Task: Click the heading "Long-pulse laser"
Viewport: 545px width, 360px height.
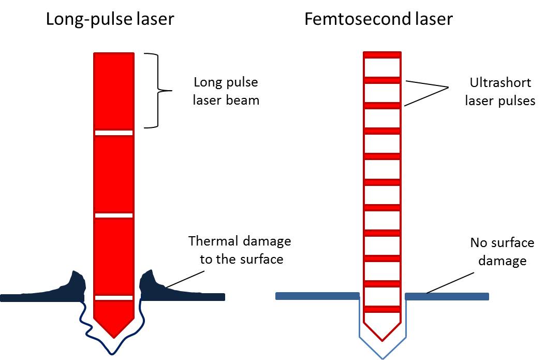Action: pos(110,20)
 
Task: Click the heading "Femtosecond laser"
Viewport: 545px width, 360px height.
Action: pos(378,20)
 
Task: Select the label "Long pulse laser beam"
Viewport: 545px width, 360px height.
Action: pos(226,91)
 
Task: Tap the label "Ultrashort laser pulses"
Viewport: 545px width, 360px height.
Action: pos(499,92)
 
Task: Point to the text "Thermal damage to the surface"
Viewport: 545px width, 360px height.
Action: pos(240,250)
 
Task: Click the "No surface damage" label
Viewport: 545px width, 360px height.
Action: pos(502,251)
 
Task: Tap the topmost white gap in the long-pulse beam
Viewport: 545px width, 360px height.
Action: pos(114,133)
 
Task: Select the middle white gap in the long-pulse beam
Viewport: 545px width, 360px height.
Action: pos(114,215)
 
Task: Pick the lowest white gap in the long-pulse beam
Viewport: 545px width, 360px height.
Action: pos(114,297)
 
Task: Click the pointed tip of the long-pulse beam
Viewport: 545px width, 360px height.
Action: pos(114,334)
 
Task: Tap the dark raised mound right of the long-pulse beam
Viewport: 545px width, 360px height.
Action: pos(152,283)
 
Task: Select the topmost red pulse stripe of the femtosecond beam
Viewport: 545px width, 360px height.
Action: pos(382,54)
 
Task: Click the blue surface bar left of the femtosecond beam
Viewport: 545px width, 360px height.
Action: pos(317,296)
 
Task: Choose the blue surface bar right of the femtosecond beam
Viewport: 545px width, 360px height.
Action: pos(447,296)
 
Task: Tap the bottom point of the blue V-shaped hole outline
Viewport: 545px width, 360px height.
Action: pos(382,357)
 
